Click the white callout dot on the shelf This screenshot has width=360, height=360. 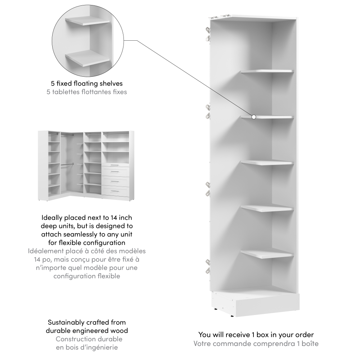pyautogui.click(x=254, y=117)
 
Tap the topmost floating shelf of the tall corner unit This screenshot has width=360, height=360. pyautogui.click(x=267, y=71)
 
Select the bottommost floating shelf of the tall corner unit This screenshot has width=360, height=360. pyautogui.click(x=267, y=253)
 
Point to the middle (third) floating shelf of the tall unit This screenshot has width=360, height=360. pyautogui.click(x=267, y=163)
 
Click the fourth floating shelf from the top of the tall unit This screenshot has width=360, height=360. pyautogui.click(x=267, y=208)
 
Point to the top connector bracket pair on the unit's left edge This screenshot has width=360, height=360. pyautogui.click(x=208, y=35)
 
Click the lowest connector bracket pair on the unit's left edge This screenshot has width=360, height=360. pyautogui.click(x=208, y=266)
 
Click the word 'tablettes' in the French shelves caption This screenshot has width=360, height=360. pyautogui.click(x=65, y=92)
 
